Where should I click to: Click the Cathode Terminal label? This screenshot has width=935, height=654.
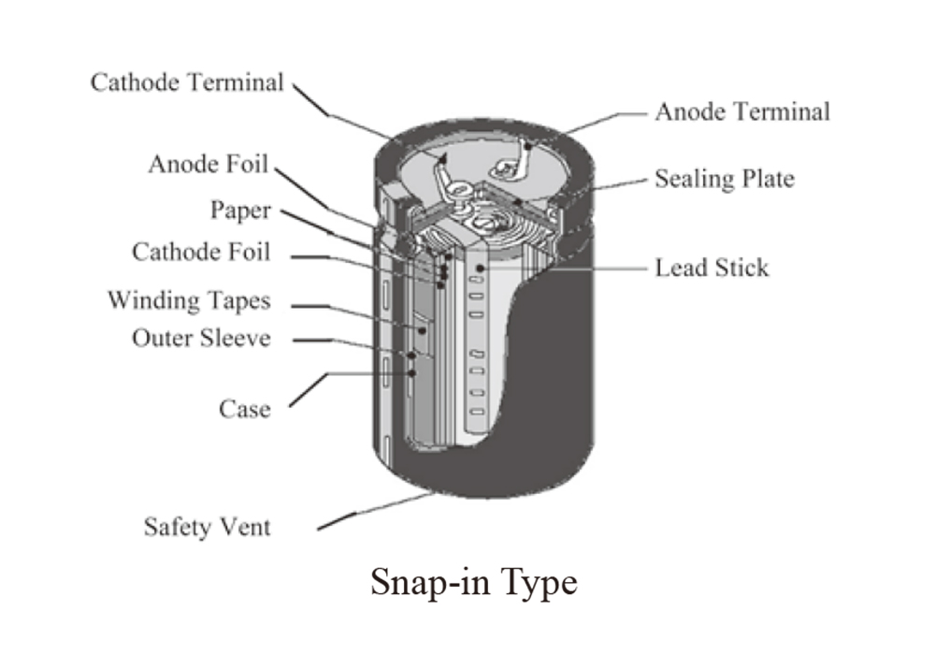tap(187, 82)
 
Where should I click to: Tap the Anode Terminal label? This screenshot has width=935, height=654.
tap(742, 111)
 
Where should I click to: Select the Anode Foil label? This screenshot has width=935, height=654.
tap(209, 164)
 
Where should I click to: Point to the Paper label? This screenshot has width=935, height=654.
tap(240, 211)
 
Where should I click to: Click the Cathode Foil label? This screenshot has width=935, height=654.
tap(201, 252)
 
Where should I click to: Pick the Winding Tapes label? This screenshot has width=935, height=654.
tap(189, 300)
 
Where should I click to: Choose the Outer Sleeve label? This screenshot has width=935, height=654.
tap(201, 339)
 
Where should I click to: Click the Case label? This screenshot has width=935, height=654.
tap(244, 410)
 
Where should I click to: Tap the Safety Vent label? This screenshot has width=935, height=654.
tap(207, 527)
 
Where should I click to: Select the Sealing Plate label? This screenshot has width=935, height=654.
tap(725, 179)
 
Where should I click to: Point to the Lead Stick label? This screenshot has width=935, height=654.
tap(712, 268)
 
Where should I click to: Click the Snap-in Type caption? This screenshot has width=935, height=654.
tap(474, 582)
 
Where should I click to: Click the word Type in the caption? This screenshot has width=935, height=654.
tap(539, 584)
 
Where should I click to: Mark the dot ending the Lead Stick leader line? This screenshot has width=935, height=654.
tap(480, 269)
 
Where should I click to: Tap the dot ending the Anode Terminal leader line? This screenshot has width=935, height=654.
tap(527, 146)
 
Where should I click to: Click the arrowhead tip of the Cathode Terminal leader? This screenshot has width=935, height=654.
tap(442, 155)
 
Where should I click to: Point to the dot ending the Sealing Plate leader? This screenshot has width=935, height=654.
tap(518, 202)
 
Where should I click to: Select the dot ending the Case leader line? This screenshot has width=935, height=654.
tap(411, 373)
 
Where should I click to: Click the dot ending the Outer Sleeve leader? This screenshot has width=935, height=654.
tap(411, 356)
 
